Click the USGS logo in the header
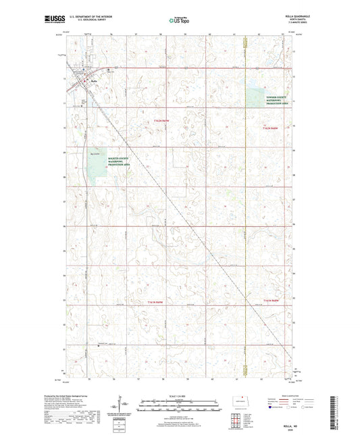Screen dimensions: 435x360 [x=51, y=20]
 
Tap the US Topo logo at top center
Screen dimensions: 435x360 [x=179, y=20]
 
